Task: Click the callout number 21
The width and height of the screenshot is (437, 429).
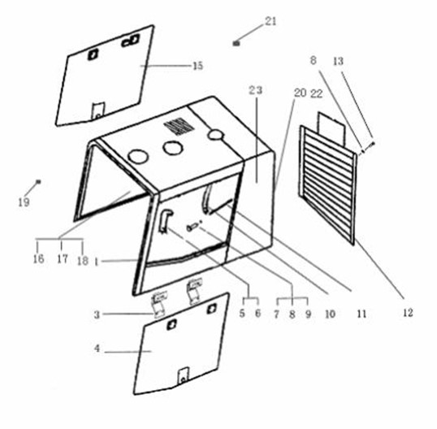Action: point(270,21)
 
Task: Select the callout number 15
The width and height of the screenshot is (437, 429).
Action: point(198,66)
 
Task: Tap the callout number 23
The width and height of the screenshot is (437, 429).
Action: point(256,90)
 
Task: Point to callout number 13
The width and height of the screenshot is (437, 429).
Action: point(339,61)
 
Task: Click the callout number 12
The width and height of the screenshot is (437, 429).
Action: point(408,313)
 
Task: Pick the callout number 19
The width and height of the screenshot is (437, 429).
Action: point(24,202)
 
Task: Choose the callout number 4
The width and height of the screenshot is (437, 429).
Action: point(97,349)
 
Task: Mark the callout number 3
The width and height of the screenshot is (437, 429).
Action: point(97,314)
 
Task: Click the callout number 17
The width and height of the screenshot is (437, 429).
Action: point(63,259)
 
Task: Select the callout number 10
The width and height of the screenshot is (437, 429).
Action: point(330,314)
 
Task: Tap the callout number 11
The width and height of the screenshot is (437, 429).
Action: point(361,314)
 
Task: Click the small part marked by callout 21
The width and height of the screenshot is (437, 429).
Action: point(236,43)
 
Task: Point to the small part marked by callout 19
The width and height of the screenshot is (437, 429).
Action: point(39,182)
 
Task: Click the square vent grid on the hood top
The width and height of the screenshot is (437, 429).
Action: point(179,126)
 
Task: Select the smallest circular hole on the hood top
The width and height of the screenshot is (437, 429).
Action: point(215,135)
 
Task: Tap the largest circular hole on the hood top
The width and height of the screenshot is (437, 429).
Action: point(138,156)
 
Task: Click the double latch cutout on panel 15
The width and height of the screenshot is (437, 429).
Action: point(130,41)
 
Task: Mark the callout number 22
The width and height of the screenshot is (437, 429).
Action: point(317,94)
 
